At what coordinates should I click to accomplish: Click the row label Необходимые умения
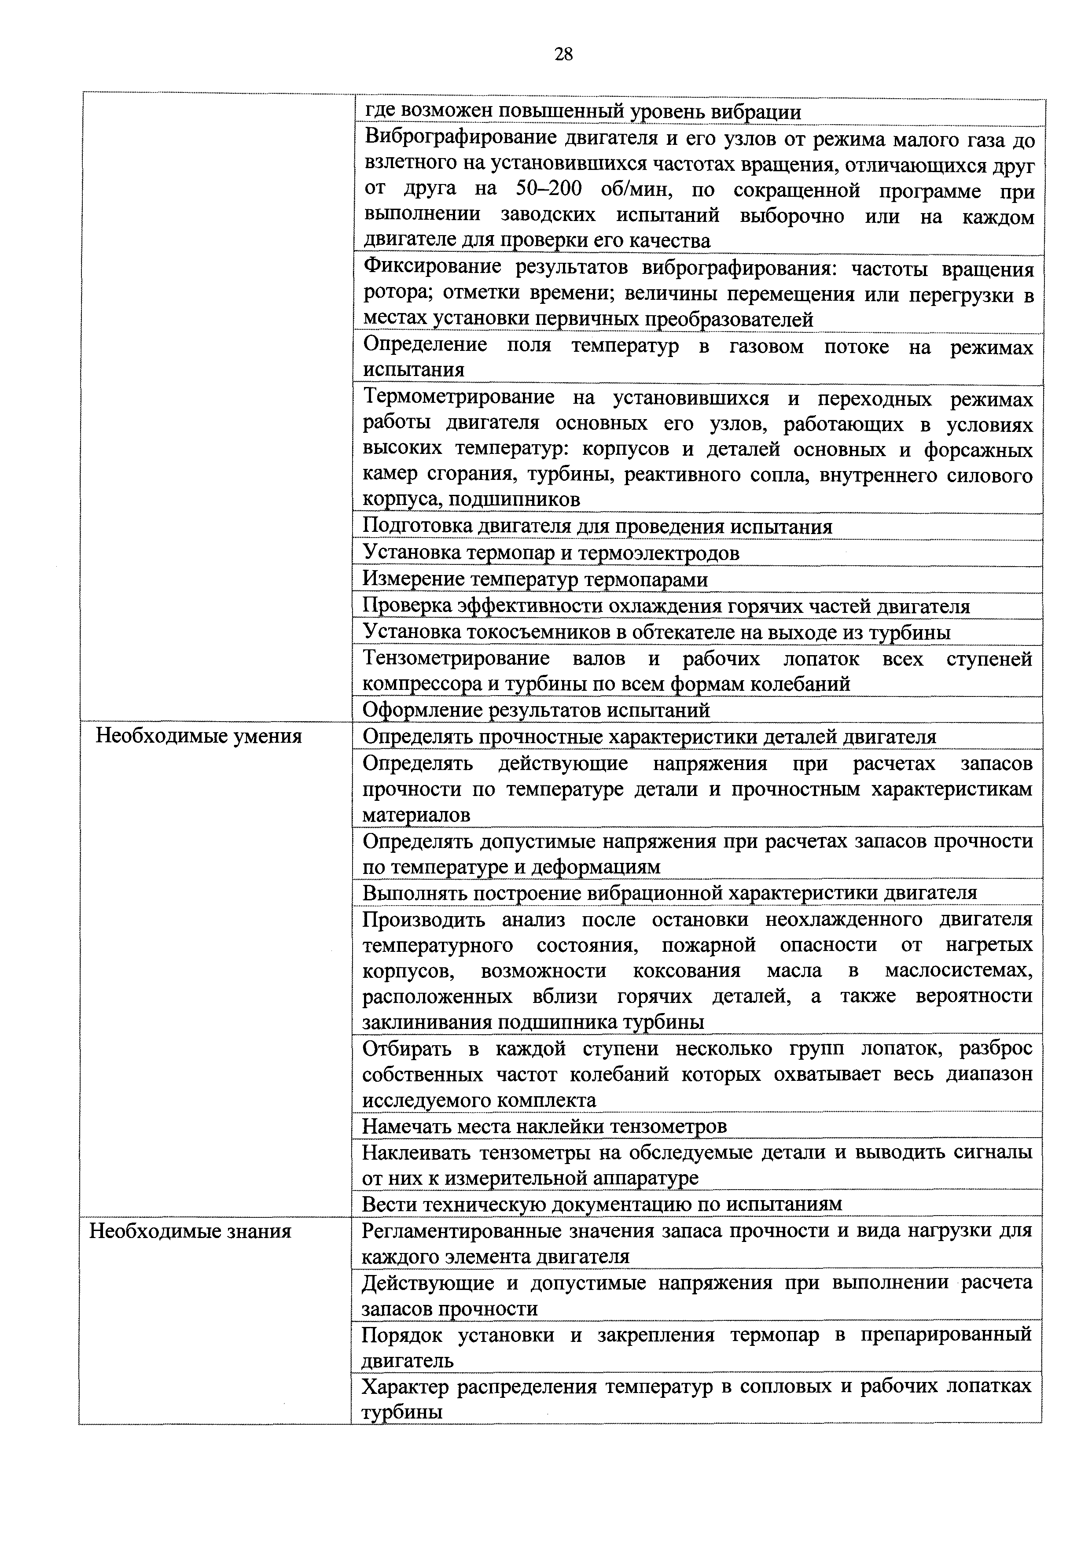click(x=199, y=737)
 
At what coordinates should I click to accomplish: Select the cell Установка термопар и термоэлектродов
click(x=551, y=553)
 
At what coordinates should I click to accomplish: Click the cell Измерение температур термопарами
click(x=535, y=579)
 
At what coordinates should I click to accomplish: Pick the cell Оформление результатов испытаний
click(x=536, y=710)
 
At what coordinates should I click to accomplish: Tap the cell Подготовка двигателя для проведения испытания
click(x=597, y=527)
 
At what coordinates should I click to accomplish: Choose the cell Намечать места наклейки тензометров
click(x=544, y=1126)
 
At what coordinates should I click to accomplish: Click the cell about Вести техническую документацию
click(x=602, y=1204)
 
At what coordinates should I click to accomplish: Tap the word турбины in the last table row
click(x=401, y=1412)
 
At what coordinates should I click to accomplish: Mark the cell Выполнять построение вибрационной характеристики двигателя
click(x=669, y=893)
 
